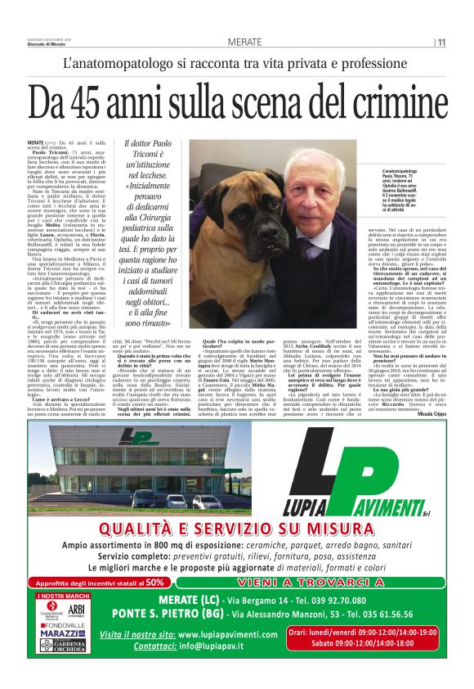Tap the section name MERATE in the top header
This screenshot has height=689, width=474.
[245, 42]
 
